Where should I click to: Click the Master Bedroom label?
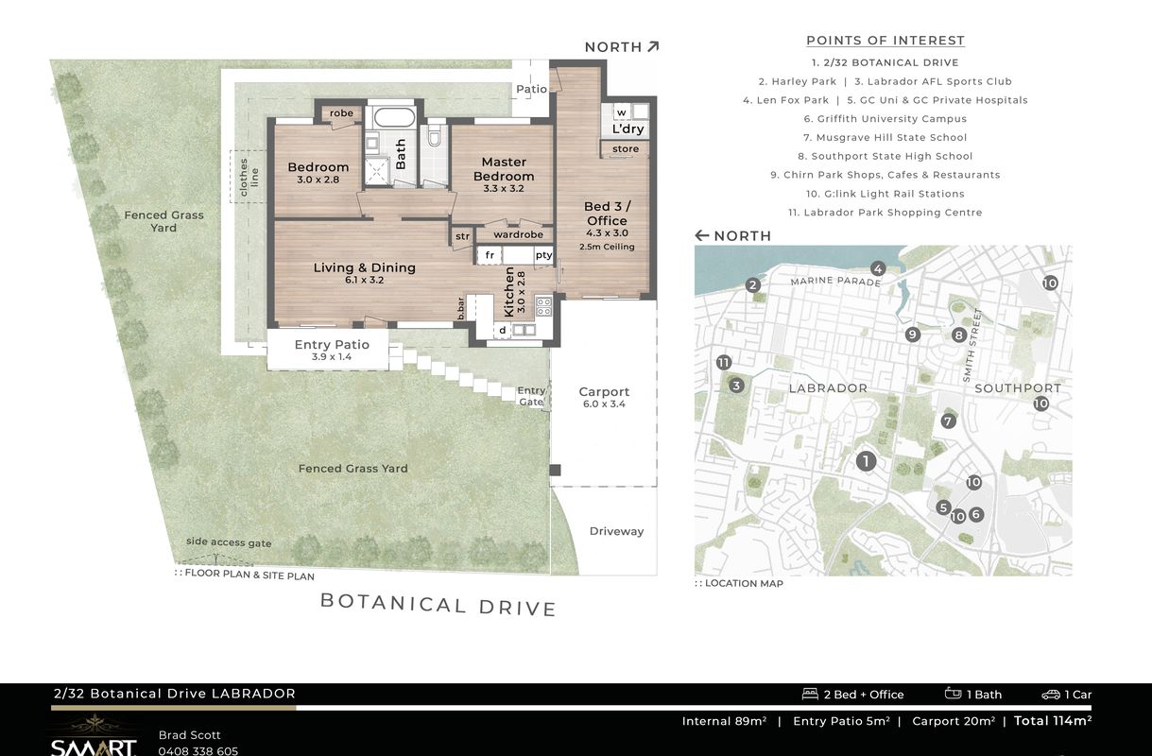tap(504, 169)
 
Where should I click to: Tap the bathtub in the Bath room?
tap(394, 117)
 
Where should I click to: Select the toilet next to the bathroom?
tap(434, 137)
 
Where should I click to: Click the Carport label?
tap(604, 392)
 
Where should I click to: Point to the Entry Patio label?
tap(332, 345)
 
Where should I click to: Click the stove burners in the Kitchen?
tap(543, 306)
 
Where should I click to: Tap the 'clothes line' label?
tap(249, 177)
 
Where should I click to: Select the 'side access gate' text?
tap(229, 542)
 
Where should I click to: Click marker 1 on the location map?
tap(866, 461)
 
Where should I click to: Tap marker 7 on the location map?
tap(948, 421)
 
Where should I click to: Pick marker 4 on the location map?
tap(878, 268)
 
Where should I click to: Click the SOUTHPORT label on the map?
tap(1018, 388)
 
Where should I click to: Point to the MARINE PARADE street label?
tap(835, 281)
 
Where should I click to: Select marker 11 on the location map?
tap(724, 363)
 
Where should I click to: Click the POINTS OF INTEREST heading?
tap(885, 41)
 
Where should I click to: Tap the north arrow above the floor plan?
tap(653, 47)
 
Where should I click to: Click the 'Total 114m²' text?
tap(1052, 720)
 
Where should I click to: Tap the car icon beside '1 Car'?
tap(1051, 695)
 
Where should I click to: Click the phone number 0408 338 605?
tap(198, 751)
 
